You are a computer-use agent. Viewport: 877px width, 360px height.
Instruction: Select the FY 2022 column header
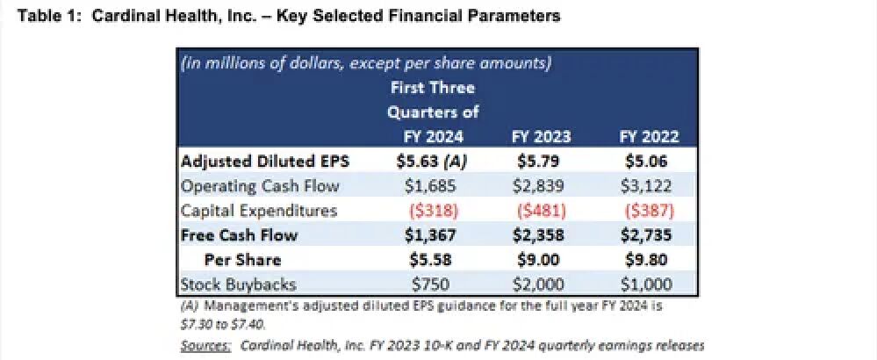[x=650, y=136]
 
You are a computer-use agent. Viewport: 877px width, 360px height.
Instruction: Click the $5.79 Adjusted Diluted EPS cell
[x=541, y=161]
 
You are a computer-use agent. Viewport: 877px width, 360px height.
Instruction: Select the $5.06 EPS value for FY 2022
[x=650, y=161]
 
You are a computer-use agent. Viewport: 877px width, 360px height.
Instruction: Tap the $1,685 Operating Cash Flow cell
[x=430, y=186]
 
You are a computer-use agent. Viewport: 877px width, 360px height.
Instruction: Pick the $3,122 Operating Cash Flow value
[x=650, y=186]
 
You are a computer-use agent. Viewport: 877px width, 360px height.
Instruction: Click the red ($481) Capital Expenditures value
[x=541, y=211]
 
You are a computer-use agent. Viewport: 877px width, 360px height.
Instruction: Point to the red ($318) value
[x=430, y=211]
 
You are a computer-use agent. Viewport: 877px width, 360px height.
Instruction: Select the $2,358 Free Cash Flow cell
[x=541, y=235]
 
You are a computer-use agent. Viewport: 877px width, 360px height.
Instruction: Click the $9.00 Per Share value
[x=541, y=260]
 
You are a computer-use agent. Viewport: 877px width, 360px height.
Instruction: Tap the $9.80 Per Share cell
[x=650, y=260]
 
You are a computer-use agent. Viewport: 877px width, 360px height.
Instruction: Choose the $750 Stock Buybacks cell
[x=430, y=284]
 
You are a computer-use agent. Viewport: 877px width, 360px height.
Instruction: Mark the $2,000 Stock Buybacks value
[x=541, y=284]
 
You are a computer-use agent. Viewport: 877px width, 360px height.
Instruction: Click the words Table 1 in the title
[x=41, y=16]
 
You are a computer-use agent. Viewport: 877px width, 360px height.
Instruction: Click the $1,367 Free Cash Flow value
[x=430, y=235]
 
